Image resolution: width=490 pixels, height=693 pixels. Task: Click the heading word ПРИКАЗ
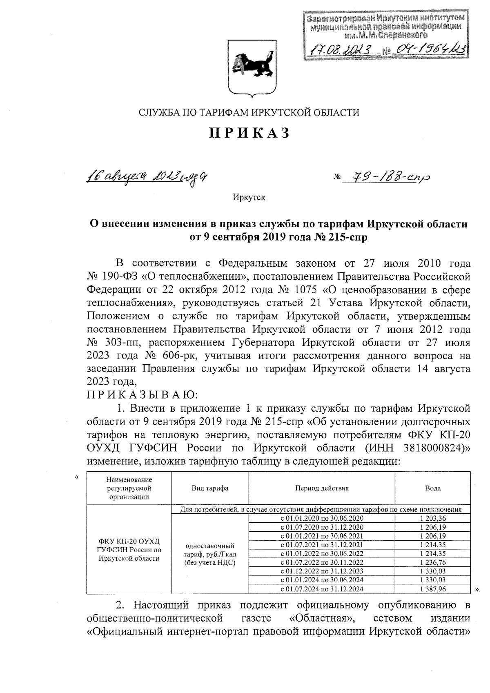click(x=249, y=133)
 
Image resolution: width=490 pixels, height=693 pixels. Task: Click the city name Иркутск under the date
click(x=249, y=198)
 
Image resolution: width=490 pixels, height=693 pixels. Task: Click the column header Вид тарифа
click(x=210, y=488)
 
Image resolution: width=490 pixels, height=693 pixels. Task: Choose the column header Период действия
click(x=322, y=488)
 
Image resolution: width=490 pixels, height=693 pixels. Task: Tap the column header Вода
click(x=432, y=488)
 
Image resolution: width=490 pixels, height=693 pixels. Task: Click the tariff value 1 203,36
click(x=432, y=518)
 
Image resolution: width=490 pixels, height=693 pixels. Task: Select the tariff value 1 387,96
click(x=432, y=589)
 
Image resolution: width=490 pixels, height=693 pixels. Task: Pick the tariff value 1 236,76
click(x=432, y=562)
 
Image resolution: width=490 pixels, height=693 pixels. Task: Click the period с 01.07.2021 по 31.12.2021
click(x=322, y=545)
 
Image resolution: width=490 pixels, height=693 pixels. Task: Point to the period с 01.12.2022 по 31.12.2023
click(x=322, y=571)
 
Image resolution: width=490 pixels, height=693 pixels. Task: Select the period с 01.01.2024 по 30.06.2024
click(x=322, y=580)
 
